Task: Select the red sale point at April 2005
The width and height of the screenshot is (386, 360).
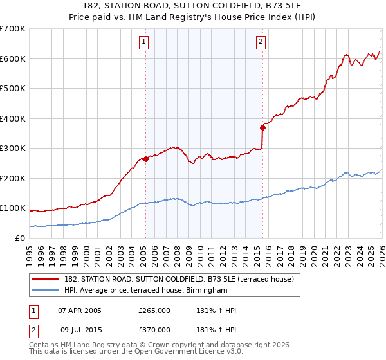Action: click(x=145, y=159)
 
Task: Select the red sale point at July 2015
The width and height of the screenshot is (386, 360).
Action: click(x=262, y=127)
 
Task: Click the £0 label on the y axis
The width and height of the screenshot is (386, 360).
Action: click(x=19, y=238)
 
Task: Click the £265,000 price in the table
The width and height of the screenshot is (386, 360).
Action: click(x=154, y=310)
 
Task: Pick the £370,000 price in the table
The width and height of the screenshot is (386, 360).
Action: click(x=154, y=329)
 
